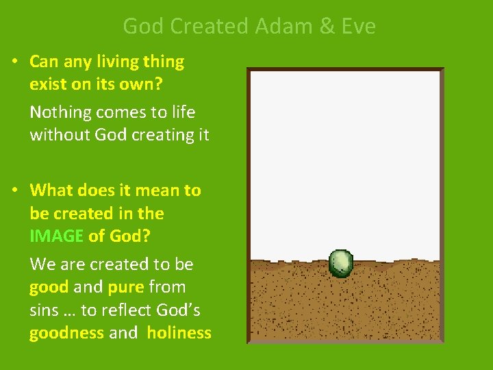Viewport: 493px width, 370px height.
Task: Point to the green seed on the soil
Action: [341, 262]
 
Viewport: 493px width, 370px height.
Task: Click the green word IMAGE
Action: [56, 236]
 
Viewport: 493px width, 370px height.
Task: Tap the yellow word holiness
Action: [179, 333]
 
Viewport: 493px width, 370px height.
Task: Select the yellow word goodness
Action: [66, 333]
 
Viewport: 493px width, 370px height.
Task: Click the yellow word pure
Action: [125, 287]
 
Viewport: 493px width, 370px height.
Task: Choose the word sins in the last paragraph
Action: [44, 310]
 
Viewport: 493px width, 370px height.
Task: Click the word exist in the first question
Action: [47, 85]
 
